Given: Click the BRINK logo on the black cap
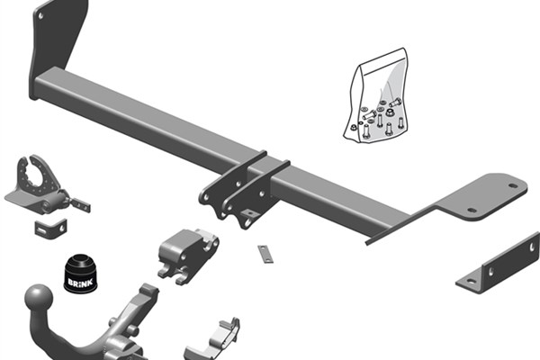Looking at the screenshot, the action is point(80,283).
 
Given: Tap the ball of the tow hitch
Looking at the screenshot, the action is point(39,299).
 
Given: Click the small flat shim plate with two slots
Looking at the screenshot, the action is point(265,254).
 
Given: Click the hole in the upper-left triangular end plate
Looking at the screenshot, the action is point(40,16).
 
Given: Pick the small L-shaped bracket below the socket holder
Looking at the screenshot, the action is point(50,228).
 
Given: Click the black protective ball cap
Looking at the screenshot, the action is point(80,273).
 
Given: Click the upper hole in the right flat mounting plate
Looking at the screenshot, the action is point(513,186).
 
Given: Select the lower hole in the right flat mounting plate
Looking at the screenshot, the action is point(472,210).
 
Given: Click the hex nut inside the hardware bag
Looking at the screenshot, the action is point(391,112).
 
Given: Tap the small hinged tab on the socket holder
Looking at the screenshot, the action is point(80,205).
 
